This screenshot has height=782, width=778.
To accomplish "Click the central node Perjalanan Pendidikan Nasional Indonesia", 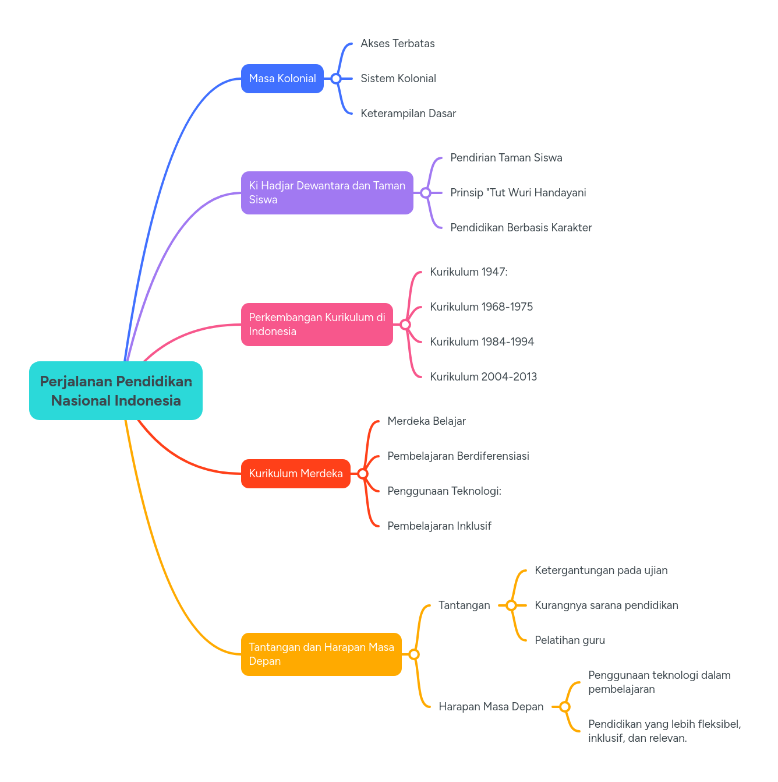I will pos(116,391).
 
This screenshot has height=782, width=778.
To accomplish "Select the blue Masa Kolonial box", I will pos(282,79).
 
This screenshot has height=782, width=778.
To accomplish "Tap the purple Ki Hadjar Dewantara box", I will pos(327,193).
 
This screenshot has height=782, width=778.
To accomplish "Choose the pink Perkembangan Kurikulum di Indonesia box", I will pos(317,325).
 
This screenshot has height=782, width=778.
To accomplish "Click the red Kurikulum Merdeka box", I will pos(296,474).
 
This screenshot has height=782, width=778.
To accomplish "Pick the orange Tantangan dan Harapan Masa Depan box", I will pos(321,654).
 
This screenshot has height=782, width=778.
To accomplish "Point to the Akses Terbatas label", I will pos(398,44).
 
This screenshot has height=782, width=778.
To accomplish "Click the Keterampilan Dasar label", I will pos(408,114).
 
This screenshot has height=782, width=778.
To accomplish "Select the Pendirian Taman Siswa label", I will pos(506,158).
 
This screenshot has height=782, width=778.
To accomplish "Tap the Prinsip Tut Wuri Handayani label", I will pos(518,193).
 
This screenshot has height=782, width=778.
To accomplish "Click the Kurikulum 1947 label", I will pos(469,272).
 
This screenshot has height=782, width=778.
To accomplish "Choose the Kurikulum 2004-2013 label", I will pos(483,377).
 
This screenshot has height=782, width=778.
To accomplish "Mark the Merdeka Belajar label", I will pos(426,421).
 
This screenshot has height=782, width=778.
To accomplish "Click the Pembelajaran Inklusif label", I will pos(439,526).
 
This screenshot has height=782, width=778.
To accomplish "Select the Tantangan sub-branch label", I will pos(464,605).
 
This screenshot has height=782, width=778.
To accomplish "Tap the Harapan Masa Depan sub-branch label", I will pos(491,707).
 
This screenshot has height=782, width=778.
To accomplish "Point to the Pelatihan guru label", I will pos(570,640).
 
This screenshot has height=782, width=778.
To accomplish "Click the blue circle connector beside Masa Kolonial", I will pos(336,79).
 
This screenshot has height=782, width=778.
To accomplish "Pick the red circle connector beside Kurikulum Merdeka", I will pos(363,474).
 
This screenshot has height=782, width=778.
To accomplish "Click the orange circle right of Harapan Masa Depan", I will pos(565,707).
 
